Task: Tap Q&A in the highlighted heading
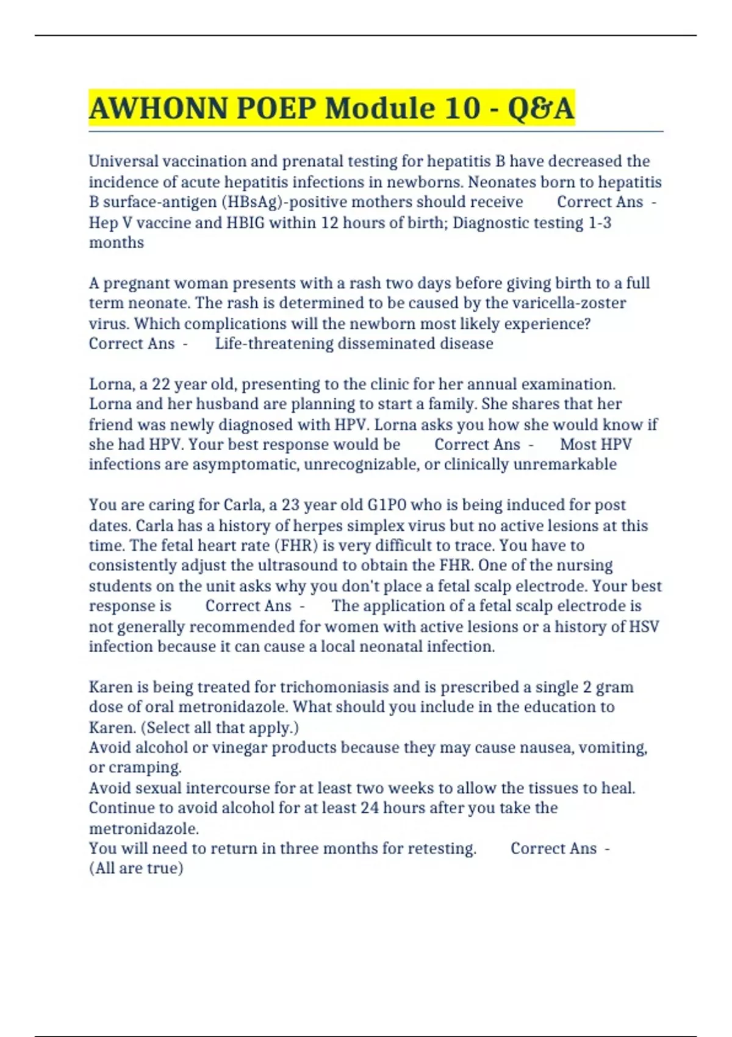click(540, 109)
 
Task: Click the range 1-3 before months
click(600, 223)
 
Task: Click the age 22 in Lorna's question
click(160, 384)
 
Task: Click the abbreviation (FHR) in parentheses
click(297, 545)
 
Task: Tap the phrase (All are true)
click(136, 868)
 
